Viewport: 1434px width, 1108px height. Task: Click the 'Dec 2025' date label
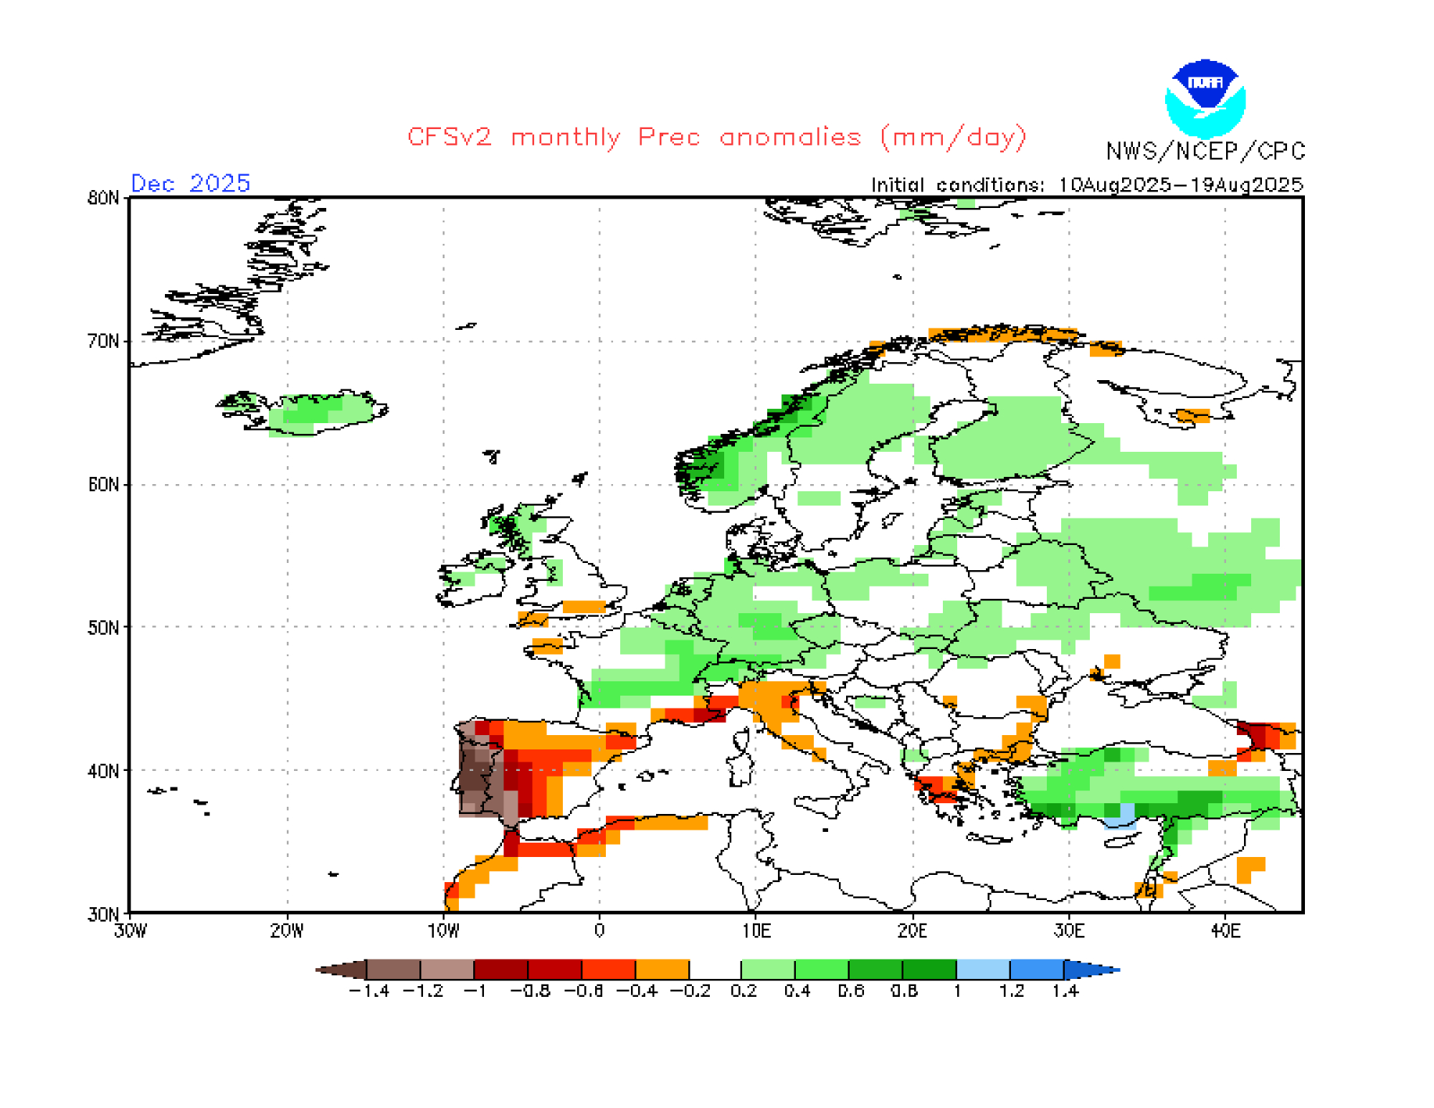pyautogui.click(x=190, y=184)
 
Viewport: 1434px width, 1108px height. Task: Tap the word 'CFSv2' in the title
pyautogui.click(x=450, y=137)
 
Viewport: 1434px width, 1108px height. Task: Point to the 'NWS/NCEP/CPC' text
pyautogui.click(x=1205, y=151)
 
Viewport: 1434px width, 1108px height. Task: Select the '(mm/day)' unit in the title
pyautogui.click(x=954, y=137)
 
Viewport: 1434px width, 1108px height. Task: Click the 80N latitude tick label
pyautogui.click(x=103, y=198)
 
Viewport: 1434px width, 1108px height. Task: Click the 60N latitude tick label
pyautogui.click(x=103, y=485)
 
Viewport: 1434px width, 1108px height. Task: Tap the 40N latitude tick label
pyautogui.click(x=103, y=771)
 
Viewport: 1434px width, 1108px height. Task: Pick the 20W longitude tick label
pyautogui.click(x=286, y=931)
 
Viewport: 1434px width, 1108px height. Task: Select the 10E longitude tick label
pyautogui.click(x=756, y=931)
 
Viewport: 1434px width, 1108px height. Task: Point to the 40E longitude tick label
pyautogui.click(x=1225, y=931)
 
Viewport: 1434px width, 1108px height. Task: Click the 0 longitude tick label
pyautogui.click(x=599, y=931)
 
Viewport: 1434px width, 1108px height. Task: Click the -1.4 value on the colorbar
pyautogui.click(x=369, y=991)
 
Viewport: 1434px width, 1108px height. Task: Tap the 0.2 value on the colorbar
pyautogui.click(x=744, y=991)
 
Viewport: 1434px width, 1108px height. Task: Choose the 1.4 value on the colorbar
pyautogui.click(x=1065, y=991)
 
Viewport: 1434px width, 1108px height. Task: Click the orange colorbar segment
pyautogui.click(x=662, y=970)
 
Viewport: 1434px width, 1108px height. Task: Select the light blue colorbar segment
pyautogui.click(x=983, y=970)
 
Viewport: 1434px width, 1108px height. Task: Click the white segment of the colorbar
pyautogui.click(x=715, y=970)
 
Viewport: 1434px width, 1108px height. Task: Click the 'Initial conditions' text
pyautogui.click(x=956, y=185)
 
